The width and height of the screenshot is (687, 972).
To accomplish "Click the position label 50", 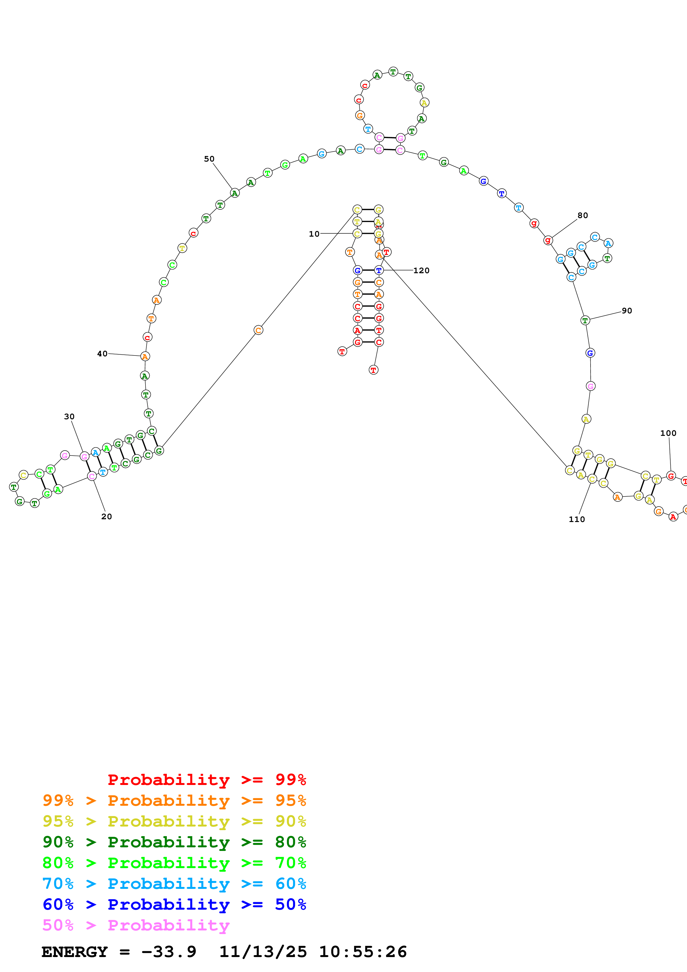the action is click(x=209, y=159).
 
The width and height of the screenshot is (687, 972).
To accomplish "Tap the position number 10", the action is click(x=314, y=234).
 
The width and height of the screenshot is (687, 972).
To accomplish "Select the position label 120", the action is click(x=421, y=270).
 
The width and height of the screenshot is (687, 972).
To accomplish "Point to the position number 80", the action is click(x=583, y=215).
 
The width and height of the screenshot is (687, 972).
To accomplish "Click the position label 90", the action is click(x=627, y=310).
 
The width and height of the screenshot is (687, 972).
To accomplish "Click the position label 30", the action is click(x=69, y=416).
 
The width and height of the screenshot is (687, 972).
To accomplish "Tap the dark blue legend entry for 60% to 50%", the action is click(x=174, y=904).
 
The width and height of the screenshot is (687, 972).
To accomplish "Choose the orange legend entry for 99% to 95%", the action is click(x=174, y=800).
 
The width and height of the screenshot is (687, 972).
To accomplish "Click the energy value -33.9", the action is click(x=168, y=952).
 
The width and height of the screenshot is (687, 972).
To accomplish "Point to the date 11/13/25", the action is click(x=263, y=952).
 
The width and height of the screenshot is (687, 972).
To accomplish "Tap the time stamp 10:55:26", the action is click(x=363, y=952).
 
